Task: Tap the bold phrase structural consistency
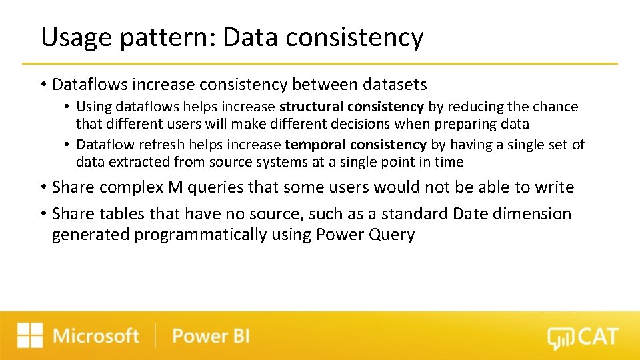[351, 107]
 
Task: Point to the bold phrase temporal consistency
[355, 145]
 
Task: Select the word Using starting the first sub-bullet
[93, 107]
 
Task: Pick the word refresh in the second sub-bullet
[163, 145]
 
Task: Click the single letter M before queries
[175, 187]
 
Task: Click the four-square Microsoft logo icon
[30, 335]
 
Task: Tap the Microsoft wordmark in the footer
[96, 335]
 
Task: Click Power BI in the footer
[211, 335]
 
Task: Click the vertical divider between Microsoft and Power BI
[156, 335]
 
